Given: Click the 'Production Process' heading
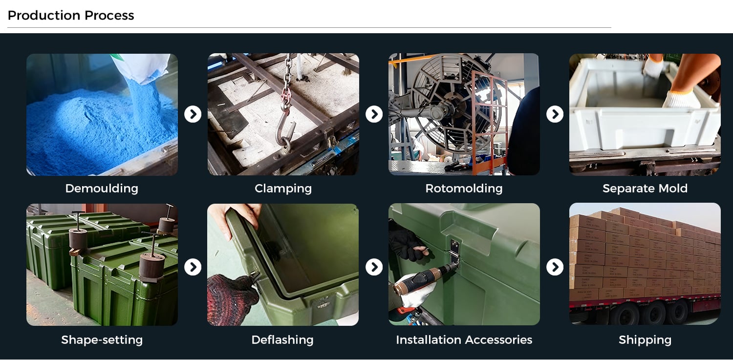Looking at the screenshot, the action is coord(71,15).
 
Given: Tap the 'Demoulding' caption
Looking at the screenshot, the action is coord(102,189).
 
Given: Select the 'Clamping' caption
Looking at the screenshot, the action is coord(283,189).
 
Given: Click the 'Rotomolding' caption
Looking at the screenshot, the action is coord(464,189).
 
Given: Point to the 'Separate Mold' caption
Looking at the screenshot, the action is coord(645,189).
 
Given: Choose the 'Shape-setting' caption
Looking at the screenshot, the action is coord(102,340).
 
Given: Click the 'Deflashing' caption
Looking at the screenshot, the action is coord(282,339).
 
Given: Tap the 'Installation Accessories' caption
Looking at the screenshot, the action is coord(464,339).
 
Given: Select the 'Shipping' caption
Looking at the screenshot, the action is coord(645,340).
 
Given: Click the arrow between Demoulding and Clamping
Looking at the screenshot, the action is coord(193,114).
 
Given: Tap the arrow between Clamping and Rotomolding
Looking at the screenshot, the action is coord(374,114).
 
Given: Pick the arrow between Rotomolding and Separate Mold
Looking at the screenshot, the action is coord(555,114).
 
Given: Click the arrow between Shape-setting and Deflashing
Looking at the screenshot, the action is coord(193,267).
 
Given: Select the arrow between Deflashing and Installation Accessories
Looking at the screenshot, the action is coord(374,267).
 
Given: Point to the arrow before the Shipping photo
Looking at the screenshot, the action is coord(555,267).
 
